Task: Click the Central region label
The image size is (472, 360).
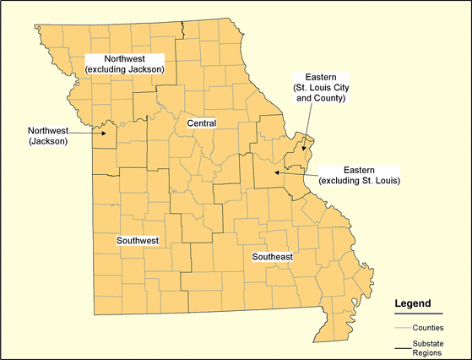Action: [x=201, y=123]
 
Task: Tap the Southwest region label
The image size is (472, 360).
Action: [x=138, y=241]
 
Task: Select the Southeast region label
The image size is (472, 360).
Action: [x=270, y=255]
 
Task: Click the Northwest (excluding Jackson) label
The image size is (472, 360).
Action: [x=124, y=63]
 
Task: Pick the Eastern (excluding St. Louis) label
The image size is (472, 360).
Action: [x=359, y=175]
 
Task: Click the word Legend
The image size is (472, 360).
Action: [x=413, y=303]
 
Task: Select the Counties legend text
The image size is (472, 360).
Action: [x=429, y=327]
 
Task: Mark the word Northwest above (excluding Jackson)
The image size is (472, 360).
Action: [x=124, y=57]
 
